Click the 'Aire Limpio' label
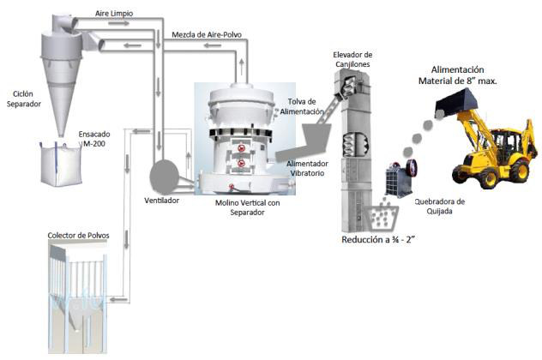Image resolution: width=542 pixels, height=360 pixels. click(114, 14)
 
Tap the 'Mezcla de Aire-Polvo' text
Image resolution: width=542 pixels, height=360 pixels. click(207, 35)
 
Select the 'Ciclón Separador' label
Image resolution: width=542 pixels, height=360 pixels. click(23, 99)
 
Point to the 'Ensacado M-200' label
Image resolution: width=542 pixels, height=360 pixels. click(94, 139)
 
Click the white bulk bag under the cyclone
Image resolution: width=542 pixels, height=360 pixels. click(61, 164)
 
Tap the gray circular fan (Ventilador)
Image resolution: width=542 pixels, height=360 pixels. click(164, 177)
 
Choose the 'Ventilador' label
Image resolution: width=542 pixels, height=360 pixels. click(162, 201)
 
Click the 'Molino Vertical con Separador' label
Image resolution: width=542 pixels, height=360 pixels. click(248, 207)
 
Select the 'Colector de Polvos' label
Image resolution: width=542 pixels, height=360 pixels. click(78, 236)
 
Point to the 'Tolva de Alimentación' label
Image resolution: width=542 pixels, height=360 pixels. click(301, 107)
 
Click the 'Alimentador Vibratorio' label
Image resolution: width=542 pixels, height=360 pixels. click(307, 168)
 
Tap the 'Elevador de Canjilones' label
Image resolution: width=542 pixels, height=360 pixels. click(352, 59)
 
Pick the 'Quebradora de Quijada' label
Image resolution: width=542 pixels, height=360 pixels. click(439, 207)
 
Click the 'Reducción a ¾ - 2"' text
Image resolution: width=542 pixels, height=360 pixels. click(378, 240)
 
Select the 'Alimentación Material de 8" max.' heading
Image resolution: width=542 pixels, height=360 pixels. click(458, 75)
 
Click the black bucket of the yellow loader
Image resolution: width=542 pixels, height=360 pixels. click(456, 99)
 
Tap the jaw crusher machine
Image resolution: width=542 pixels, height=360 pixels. click(401, 178)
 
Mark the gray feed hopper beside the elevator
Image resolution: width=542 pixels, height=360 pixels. click(316, 136)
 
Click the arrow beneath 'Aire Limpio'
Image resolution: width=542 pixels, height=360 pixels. click(118, 23)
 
